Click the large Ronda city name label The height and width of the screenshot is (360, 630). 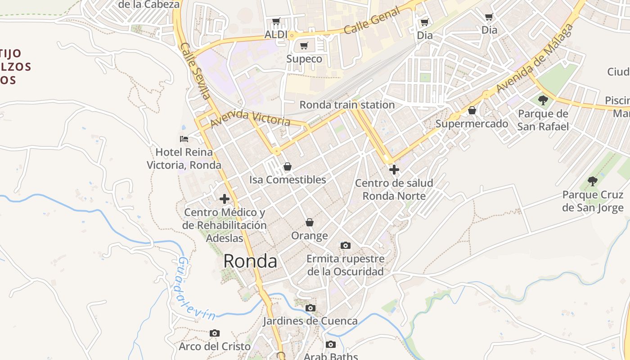[x=250, y=261]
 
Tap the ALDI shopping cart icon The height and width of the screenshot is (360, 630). [x=276, y=21]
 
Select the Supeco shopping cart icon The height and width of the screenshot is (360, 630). [x=304, y=45]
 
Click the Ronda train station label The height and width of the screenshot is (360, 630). [x=347, y=105]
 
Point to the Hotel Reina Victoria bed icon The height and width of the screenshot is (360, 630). [x=184, y=139]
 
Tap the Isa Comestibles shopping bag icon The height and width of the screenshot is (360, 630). [x=288, y=166]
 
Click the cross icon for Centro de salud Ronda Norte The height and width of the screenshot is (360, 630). [x=394, y=170]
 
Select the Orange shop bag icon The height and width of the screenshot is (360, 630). [x=310, y=222]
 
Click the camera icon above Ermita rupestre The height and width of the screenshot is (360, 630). [x=345, y=245]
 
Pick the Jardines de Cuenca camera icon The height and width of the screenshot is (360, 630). [x=310, y=308]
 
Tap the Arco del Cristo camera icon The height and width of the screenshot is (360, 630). [x=215, y=333]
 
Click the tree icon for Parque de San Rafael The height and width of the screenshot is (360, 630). [x=543, y=100]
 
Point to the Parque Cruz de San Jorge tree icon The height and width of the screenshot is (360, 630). [x=593, y=181]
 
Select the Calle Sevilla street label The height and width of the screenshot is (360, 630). [x=195, y=71]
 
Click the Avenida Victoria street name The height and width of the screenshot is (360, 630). [x=250, y=118]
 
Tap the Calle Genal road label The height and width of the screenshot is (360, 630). [x=372, y=21]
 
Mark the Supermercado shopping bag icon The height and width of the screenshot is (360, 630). [x=472, y=110]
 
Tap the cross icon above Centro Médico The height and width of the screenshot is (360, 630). [x=225, y=199]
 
